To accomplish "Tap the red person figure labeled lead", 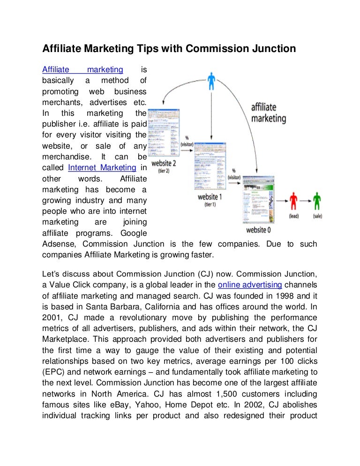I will point(293,201).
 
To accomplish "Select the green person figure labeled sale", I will point(317,201).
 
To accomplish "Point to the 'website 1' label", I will point(210,197).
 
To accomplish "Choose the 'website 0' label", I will point(259,230).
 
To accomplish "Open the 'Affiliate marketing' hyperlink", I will point(82,70).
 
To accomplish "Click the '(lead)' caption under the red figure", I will point(294,217).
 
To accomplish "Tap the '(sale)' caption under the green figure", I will point(317,217).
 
